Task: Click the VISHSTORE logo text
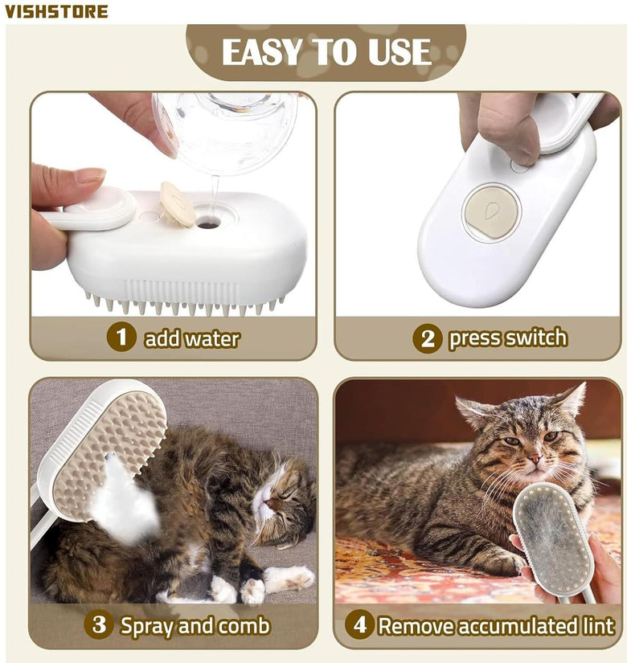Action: [56, 11]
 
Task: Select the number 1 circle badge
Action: [121, 337]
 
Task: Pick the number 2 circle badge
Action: [428, 338]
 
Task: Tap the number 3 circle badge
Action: [99, 624]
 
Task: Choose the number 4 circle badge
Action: [359, 624]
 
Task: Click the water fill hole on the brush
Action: [207, 223]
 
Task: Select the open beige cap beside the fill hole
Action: [177, 205]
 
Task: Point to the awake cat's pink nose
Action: [535, 459]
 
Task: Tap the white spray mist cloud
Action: [124, 499]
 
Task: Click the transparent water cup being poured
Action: [227, 131]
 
